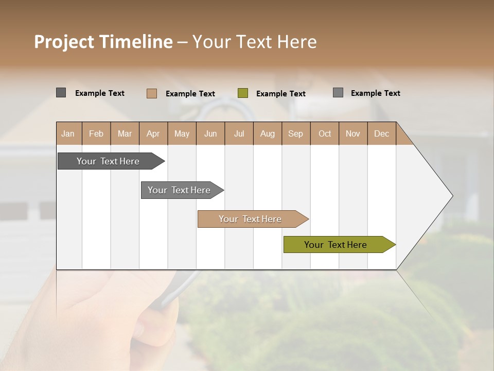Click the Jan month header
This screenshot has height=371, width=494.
pyautogui.click(x=68, y=134)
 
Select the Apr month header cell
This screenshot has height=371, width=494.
pyautogui.click(x=153, y=134)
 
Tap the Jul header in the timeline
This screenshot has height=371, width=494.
pyautogui.click(x=239, y=134)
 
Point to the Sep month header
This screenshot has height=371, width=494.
pyautogui.click(x=296, y=134)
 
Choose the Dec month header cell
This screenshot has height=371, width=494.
pyautogui.click(x=381, y=134)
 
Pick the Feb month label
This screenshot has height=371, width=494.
pyautogui.click(x=96, y=134)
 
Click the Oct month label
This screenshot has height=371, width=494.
pyautogui.click(x=325, y=134)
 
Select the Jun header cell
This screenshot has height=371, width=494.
pyautogui.click(x=210, y=134)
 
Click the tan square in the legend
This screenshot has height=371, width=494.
pyautogui.click(x=152, y=93)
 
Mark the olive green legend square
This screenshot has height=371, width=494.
pyautogui.click(x=243, y=93)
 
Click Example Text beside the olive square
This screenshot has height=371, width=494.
pyautogui.click(x=281, y=94)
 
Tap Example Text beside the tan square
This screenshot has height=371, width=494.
pyautogui.click(x=190, y=94)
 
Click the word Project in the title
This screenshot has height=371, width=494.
pyautogui.click(x=64, y=42)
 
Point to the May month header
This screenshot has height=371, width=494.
pyautogui.click(x=182, y=134)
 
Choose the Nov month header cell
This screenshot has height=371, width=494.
pyautogui.click(x=353, y=134)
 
